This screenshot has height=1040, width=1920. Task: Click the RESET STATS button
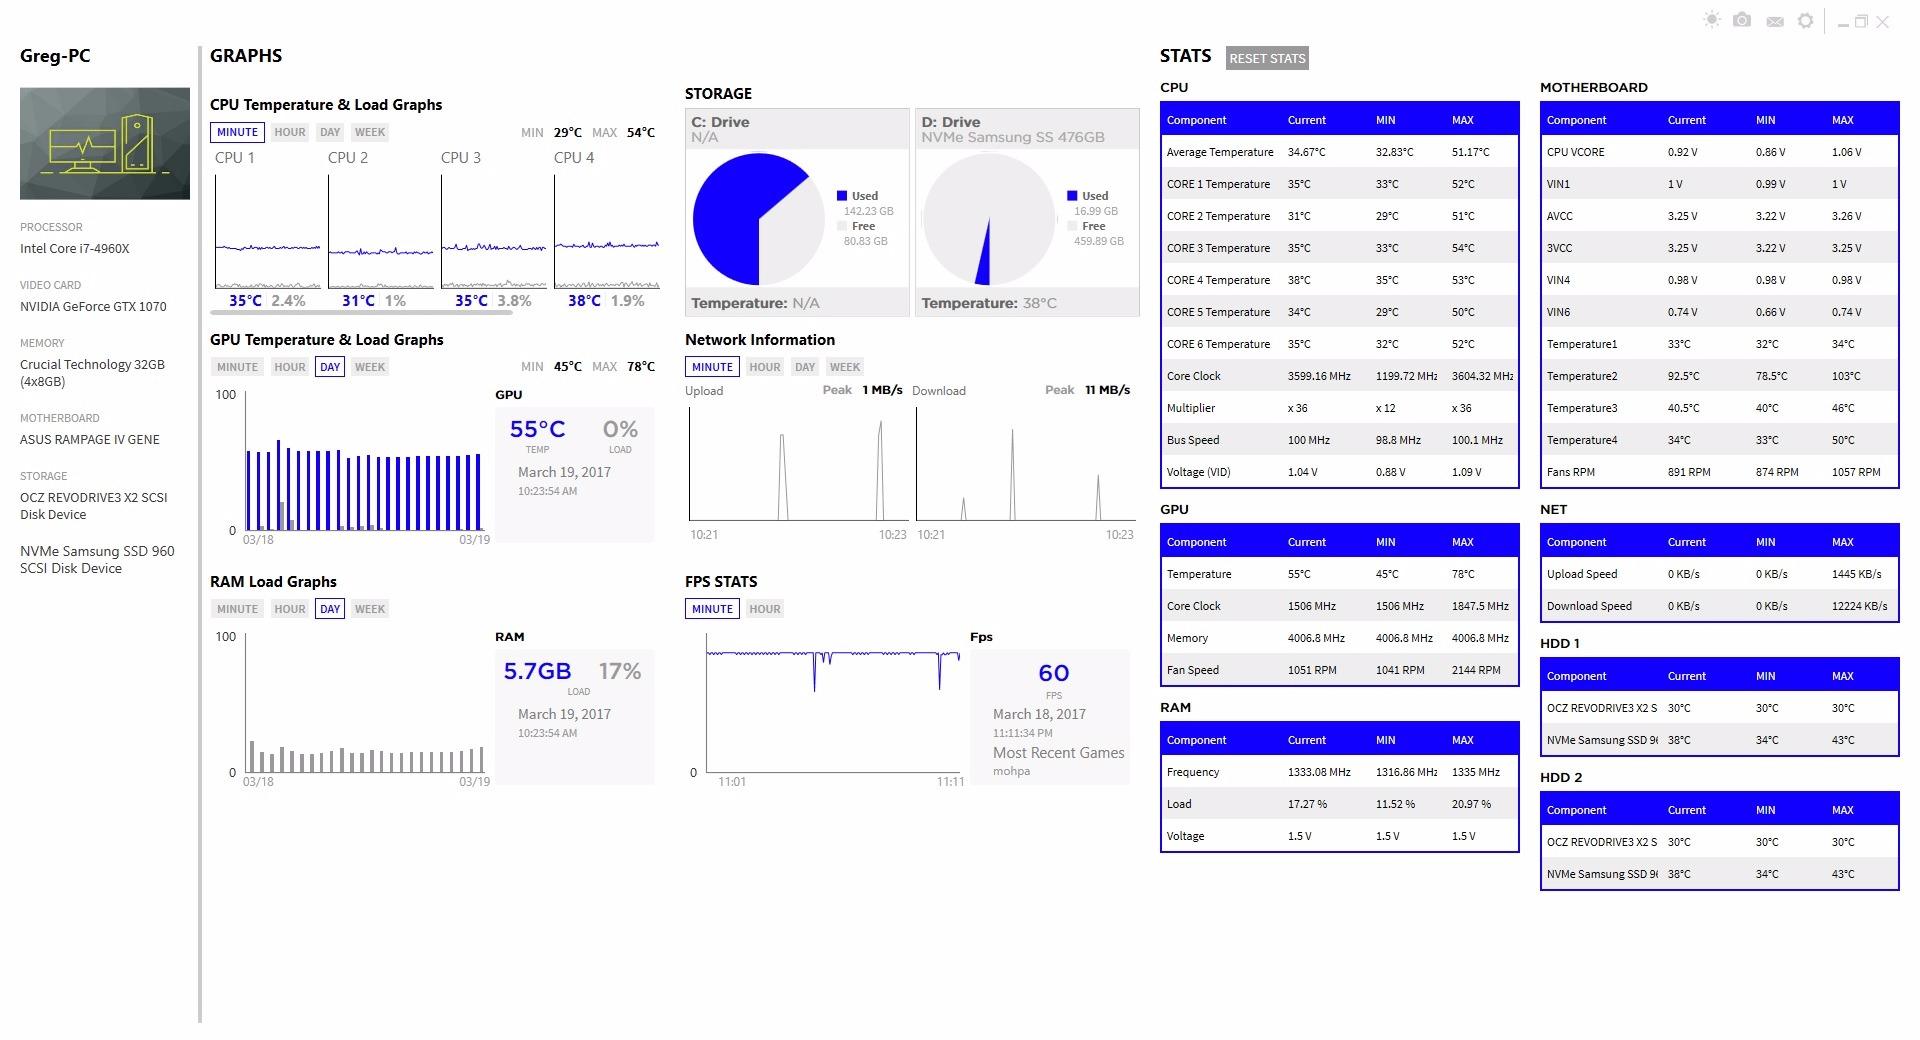1267,58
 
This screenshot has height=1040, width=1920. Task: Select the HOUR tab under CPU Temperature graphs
290,132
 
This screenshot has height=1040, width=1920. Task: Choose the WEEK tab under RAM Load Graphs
369,609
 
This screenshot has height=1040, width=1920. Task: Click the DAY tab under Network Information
805,367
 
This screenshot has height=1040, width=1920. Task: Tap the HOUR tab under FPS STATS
765,609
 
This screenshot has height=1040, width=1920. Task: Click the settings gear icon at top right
1805,21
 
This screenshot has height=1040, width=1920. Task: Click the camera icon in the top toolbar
1742,21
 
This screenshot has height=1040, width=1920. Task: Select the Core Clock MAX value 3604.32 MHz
1482,376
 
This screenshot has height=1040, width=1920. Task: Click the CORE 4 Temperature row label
1218,280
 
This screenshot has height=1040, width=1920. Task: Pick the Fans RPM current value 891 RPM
1689,472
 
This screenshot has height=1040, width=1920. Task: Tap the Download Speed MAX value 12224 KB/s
1859,606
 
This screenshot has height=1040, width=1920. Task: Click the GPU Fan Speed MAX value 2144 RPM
1476,670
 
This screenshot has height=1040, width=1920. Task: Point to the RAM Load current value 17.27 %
1307,804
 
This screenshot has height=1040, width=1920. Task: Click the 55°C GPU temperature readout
537,430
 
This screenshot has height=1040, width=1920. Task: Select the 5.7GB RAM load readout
537,672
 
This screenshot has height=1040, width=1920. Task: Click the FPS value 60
1053,674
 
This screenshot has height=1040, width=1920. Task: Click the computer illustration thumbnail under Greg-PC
105,143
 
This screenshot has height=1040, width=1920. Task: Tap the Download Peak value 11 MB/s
1107,390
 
